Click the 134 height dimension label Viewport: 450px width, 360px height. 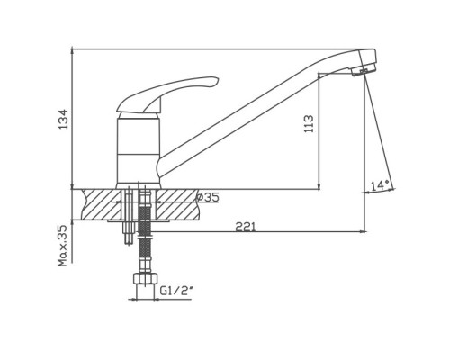pyautogui.click(x=63, y=119)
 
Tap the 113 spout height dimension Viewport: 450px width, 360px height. pyautogui.click(x=309, y=123)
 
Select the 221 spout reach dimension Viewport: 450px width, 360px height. pyautogui.click(x=246, y=227)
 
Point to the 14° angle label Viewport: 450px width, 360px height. pyautogui.click(x=380, y=185)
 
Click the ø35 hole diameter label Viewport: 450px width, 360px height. pyautogui.click(x=207, y=197)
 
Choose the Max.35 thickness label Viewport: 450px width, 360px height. pyautogui.click(x=63, y=246)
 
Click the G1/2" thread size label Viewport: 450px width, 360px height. pyautogui.click(x=175, y=291)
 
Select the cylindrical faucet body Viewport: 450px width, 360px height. pyautogui.click(x=139, y=151)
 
